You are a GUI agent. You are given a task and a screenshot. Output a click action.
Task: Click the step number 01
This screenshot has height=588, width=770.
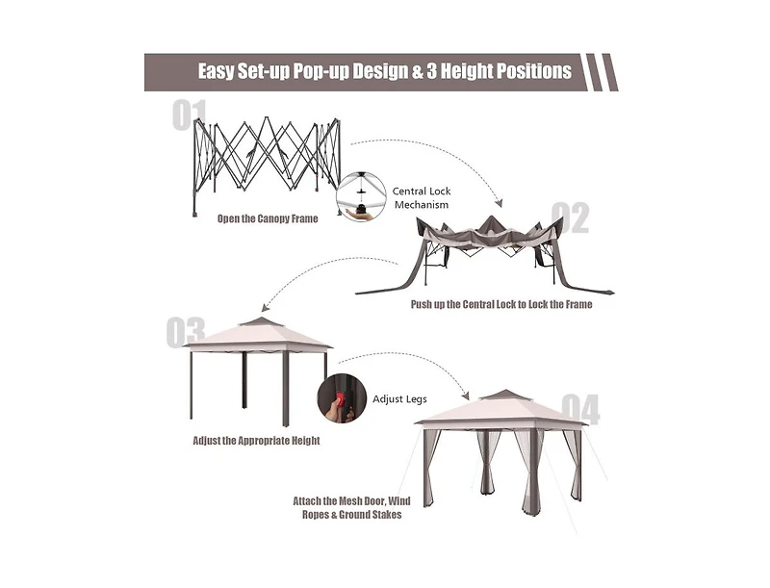coord(189,115)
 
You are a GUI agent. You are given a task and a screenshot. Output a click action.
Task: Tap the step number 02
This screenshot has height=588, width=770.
coord(570,217)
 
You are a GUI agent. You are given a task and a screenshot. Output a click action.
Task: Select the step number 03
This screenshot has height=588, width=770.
coord(185,332)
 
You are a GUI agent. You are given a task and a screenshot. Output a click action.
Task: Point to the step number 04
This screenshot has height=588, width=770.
coord(580,409)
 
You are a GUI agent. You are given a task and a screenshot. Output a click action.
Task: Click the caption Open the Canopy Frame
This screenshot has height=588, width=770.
coord(268,218)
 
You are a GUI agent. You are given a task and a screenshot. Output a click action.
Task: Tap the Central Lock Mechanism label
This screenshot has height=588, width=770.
coord(422,198)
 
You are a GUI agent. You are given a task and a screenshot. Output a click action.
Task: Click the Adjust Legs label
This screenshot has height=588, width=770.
coord(399,399)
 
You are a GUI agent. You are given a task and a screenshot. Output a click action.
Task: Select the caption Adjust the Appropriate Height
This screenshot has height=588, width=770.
coord(256,440)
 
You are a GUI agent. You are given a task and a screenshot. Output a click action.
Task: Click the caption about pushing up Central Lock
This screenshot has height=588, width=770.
coord(501,304)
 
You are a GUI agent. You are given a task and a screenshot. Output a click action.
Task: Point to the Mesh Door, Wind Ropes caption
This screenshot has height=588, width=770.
coord(351,507)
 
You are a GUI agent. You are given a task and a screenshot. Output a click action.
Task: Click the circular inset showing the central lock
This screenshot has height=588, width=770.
coord(362,196)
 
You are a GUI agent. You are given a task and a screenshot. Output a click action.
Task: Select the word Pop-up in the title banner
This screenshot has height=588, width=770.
coord(321,71)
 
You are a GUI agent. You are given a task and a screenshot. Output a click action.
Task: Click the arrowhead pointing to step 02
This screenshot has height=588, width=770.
coord(499,203)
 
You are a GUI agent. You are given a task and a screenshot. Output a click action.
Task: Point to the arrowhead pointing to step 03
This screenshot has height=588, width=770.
coord(266,307)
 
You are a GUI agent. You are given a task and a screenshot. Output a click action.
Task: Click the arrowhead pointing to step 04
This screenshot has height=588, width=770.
coord(466,396)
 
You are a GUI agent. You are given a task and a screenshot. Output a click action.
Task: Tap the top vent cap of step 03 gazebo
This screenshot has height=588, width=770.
coord(261,322)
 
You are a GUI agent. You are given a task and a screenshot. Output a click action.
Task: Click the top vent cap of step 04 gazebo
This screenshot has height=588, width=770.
coord(503,396)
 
